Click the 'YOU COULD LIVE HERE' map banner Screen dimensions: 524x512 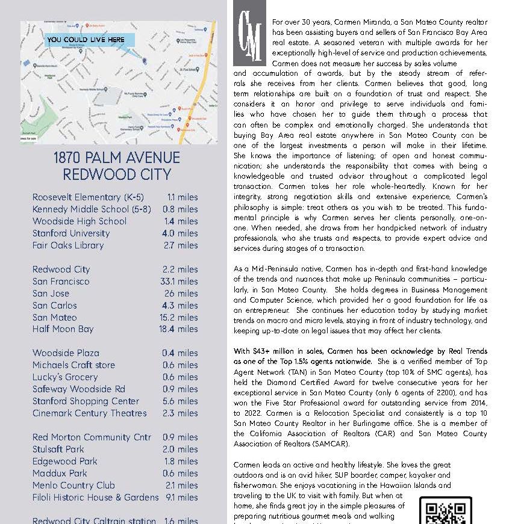click(86, 40)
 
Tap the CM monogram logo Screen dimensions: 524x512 click(249, 38)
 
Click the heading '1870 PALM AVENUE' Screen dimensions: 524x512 click(116, 158)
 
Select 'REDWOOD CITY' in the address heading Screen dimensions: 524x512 click(116, 174)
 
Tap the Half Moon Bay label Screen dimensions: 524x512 click(63, 329)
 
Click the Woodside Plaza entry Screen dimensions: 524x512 click(66, 353)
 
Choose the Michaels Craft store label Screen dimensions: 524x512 click(73, 365)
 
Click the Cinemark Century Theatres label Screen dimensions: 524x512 click(89, 413)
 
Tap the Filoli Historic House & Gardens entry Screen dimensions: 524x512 click(95, 498)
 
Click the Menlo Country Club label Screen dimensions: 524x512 click(73, 485)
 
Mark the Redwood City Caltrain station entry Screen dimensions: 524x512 click(94, 520)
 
